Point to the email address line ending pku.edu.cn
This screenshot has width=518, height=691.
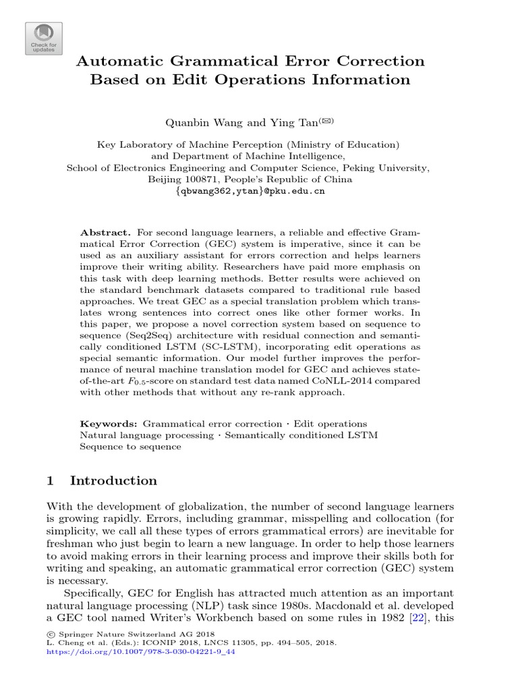click(250, 192)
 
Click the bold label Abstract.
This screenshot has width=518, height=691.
click(103, 231)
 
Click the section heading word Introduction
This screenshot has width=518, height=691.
click(113, 480)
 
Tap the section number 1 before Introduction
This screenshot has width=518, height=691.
click(51, 480)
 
